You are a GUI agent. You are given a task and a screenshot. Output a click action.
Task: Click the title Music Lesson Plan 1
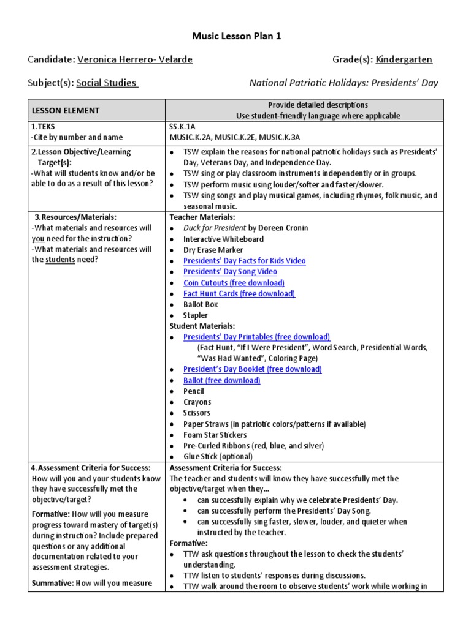(235, 37)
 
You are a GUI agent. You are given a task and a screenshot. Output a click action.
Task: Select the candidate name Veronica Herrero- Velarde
(135, 59)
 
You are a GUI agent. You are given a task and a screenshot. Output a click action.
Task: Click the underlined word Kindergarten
(404, 59)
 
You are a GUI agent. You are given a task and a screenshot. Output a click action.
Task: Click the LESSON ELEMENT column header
(66, 110)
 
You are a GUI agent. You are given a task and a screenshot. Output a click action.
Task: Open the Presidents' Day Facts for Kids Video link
(244, 261)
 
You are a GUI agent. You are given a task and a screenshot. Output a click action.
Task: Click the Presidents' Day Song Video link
(230, 272)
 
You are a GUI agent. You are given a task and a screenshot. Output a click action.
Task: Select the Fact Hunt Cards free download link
(239, 294)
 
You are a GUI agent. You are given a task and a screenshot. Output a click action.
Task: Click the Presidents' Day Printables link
(256, 337)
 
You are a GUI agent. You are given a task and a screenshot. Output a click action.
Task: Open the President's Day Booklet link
(252, 369)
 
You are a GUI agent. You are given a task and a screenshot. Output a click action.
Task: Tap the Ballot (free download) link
(221, 380)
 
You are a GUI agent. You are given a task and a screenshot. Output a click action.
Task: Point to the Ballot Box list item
(201, 304)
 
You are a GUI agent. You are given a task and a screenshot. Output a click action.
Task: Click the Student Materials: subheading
(202, 326)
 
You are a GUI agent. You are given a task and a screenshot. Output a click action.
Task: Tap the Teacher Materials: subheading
(202, 217)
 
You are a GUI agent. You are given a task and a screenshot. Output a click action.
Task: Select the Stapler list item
(195, 315)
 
